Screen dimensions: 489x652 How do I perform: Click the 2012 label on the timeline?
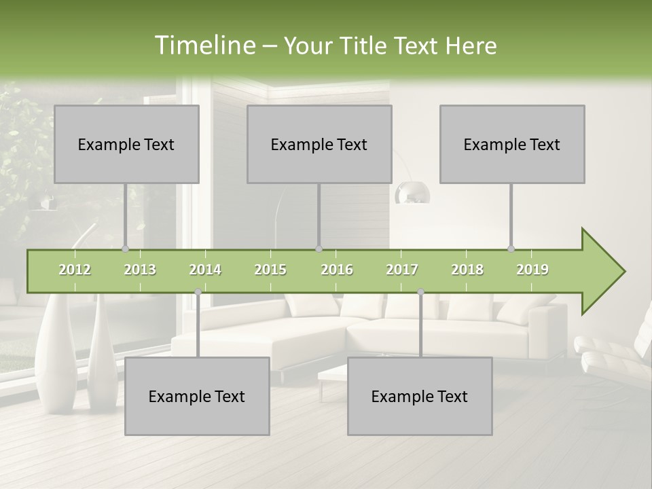point(75,270)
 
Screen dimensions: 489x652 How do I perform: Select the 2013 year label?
point(140,270)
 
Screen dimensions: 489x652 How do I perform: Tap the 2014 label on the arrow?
point(205,270)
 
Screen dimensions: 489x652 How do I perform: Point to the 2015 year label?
point(270,270)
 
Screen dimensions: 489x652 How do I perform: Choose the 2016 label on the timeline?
point(337,270)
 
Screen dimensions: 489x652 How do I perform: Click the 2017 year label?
point(402,270)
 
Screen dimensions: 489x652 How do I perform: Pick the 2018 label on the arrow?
point(467,270)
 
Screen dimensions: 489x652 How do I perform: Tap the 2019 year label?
point(532,270)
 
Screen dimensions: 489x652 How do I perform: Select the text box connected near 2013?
point(126,144)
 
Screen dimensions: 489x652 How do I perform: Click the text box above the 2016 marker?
point(319,144)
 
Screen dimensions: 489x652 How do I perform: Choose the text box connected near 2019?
point(512,144)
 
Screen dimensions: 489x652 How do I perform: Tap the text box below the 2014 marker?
point(197,396)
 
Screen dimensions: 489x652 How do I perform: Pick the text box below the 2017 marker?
point(420,396)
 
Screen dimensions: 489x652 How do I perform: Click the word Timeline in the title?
point(204,46)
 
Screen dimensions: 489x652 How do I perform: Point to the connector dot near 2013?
point(125,249)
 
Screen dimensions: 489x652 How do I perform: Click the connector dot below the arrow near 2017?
point(420,291)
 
